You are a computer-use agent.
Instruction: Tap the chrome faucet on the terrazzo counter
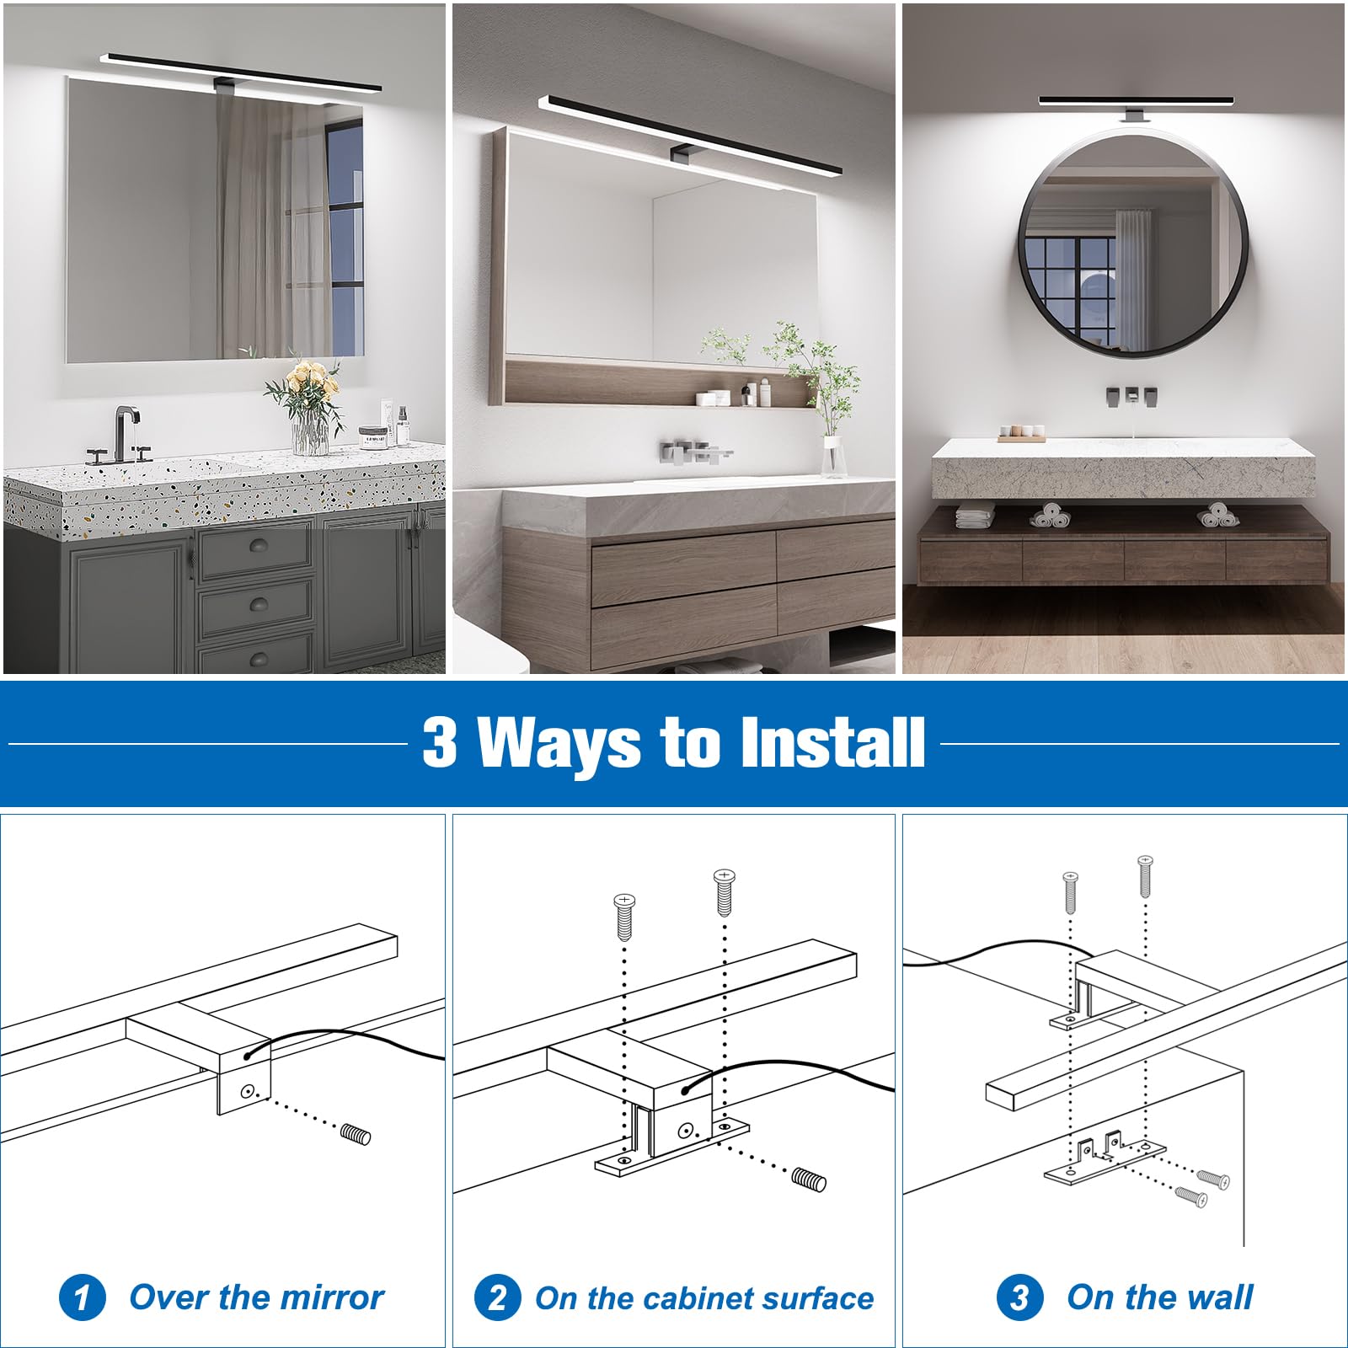pyautogui.click(x=123, y=433)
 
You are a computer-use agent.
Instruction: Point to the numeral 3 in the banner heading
pyautogui.click(x=439, y=742)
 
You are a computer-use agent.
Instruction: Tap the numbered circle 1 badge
pyautogui.click(x=82, y=1297)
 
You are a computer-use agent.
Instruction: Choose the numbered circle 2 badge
pyautogui.click(x=497, y=1297)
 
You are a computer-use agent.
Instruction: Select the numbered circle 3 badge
pyautogui.click(x=1019, y=1297)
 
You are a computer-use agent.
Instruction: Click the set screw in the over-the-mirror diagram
pyautogui.click(x=356, y=1135)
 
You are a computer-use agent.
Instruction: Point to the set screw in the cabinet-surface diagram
pyautogui.click(x=810, y=1179)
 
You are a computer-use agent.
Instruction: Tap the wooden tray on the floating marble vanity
pyautogui.click(x=1021, y=436)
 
